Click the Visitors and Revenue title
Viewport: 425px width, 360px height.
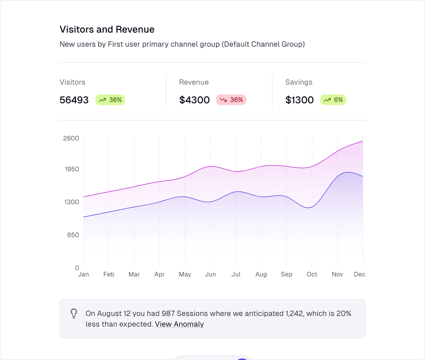(x=107, y=30)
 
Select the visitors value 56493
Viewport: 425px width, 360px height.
(x=74, y=100)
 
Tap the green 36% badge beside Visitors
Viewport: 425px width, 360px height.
(x=110, y=100)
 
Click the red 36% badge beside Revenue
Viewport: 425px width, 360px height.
(x=231, y=100)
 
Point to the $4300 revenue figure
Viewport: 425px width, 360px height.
(x=194, y=100)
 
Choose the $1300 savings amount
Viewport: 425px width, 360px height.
(x=299, y=100)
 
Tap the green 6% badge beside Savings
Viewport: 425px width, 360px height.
(x=333, y=100)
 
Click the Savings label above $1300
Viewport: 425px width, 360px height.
(x=299, y=82)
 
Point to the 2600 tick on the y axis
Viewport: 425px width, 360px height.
(x=71, y=138)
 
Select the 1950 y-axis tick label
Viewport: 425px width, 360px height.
(x=71, y=169)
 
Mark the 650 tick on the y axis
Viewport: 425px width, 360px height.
(x=73, y=235)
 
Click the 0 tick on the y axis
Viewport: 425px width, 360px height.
(x=77, y=268)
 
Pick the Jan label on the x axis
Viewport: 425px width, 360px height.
(x=83, y=274)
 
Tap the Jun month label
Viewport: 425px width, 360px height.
(x=211, y=274)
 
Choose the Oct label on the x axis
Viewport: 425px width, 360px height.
(x=312, y=274)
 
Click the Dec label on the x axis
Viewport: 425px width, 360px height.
(x=360, y=274)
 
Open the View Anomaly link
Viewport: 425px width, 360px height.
(x=179, y=324)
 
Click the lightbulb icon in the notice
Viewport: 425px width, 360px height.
(x=74, y=313)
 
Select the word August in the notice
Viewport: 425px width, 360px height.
(x=109, y=314)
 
